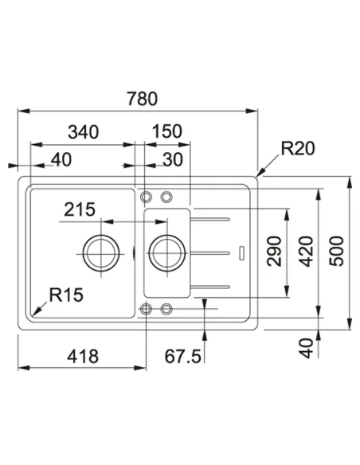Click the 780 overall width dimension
(x=143, y=99)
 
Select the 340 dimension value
(x=84, y=132)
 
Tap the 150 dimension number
(x=167, y=131)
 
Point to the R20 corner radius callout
(x=297, y=149)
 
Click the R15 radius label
(x=66, y=295)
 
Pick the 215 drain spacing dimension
(x=80, y=209)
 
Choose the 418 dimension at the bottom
(x=83, y=356)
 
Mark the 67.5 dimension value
(x=183, y=356)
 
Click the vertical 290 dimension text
(x=274, y=251)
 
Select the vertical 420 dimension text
(x=306, y=252)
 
